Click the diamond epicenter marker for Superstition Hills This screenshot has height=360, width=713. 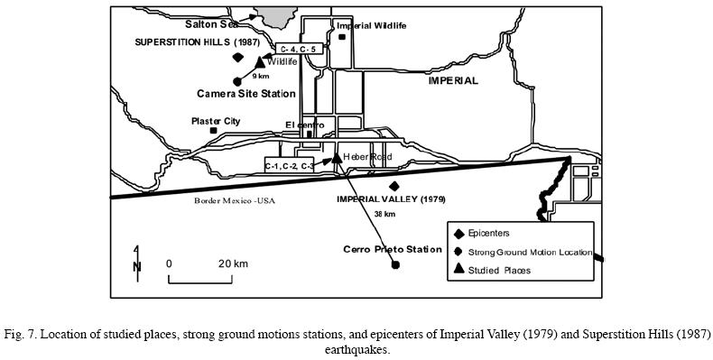click(x=238, y=56)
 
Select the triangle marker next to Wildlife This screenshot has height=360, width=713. click(x=260, y=61)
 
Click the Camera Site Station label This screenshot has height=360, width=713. click(x=246, y=93)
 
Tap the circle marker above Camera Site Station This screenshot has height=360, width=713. click(x=237, y=80)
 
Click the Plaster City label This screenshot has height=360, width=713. click(x=216, y=120)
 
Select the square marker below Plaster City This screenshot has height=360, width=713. click(x=214, y=131)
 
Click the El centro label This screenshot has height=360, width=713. click(x=302, y=124)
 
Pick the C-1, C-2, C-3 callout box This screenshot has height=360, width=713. click(x=290, y=165)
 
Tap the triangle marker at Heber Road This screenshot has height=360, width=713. click(x=336, y=157)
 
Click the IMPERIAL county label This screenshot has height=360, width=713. click(x=452, y=80)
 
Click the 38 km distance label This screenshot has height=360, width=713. click(x=384, y=215)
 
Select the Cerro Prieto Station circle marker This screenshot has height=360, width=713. click(x=395, y=265)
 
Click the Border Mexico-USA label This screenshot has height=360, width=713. click(x=234, y=200)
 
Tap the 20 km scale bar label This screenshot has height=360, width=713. click(x=233, y=263)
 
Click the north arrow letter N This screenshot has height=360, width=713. click(x=136, y=266)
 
